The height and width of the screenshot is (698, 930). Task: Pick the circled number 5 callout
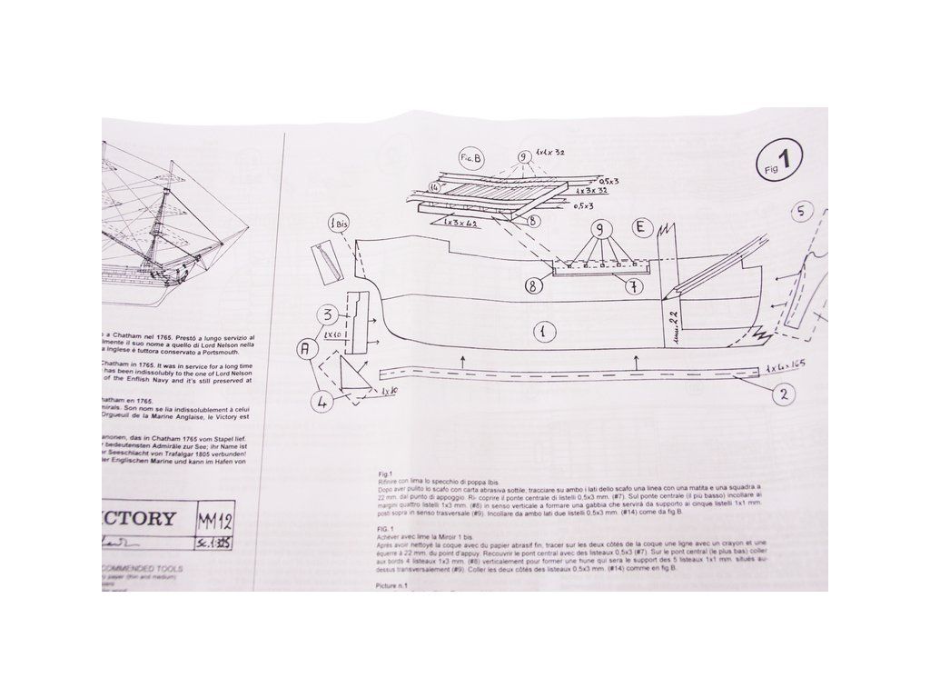(799, 213)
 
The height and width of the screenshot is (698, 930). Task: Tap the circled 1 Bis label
(337, 224)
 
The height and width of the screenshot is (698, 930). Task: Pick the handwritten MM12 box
(216, 522)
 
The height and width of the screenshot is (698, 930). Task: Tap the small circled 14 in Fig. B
(436, 187)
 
